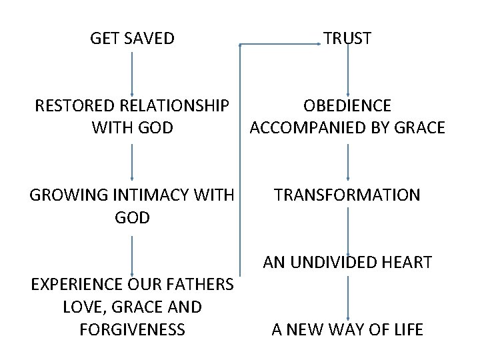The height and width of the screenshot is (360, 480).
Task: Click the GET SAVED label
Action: (x=132, y=39)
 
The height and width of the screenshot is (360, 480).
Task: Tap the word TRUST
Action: (x=347, y=39)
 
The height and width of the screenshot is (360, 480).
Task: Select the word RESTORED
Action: (x=75, y=105)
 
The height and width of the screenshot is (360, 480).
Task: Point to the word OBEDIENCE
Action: (x=347, y=105)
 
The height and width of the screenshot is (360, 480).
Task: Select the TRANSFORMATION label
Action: (x=347, y=195)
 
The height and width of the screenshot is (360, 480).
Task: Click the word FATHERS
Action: (x=200, y=285)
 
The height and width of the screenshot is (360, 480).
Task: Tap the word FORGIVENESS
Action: (x=132, y=329)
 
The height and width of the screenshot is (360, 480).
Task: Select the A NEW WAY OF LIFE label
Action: (x=347, y=329)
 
